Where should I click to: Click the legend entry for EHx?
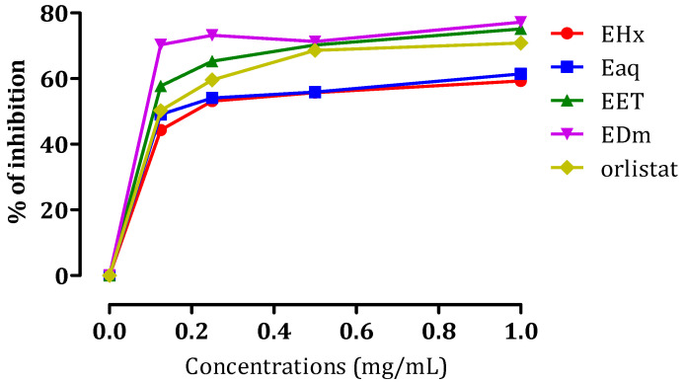[x=627, y=36]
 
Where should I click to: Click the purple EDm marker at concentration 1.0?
[x=520, y=22]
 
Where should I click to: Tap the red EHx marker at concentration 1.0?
[x=520, y=81]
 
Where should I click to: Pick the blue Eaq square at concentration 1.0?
[x=520, y=74]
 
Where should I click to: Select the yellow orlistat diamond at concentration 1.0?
[x=520, y=43]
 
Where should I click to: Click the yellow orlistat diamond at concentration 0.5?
[x=315, y=50]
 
